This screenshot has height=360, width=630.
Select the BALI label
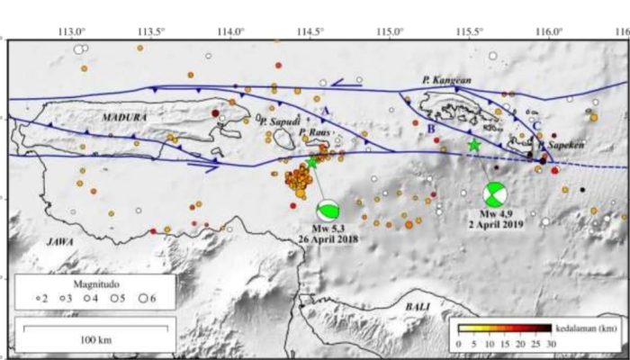(x=417, y=308)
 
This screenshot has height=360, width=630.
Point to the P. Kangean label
(x=446, y=81)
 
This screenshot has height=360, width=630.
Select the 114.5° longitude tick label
(x=310, y=30)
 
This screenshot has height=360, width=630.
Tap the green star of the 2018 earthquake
(x=312, y=162)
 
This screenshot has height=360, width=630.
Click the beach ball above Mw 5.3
(x=328, y=210)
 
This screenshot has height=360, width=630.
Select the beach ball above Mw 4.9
(x=494, y=194)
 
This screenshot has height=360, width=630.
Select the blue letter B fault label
(x=431, y=130)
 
